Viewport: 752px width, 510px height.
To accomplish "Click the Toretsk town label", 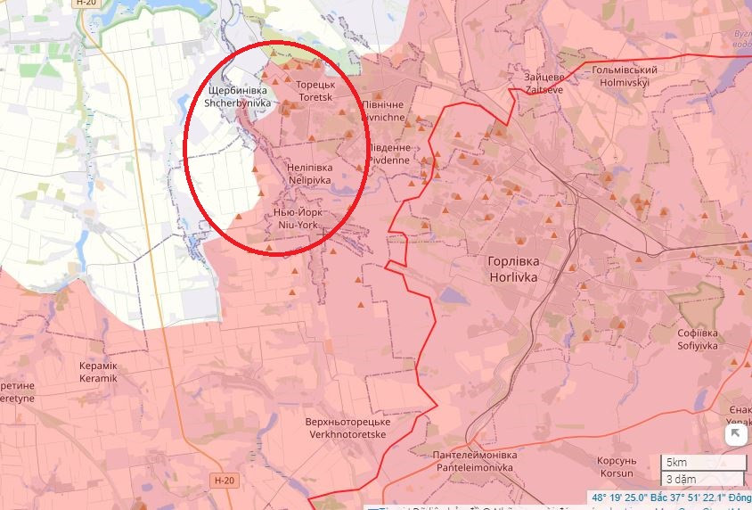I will click(315, 90).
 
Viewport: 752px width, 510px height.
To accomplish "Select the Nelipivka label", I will click(309, 173).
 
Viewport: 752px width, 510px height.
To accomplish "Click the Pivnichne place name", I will click(382, 111).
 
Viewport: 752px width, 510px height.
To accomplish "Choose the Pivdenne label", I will click(388, 153).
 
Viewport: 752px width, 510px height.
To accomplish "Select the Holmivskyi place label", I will click(624, 77).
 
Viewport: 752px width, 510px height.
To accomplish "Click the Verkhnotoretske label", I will click(347, 428).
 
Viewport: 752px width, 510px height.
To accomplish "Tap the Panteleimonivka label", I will click(473, 461).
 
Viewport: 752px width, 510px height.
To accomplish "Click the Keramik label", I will click(98, 372).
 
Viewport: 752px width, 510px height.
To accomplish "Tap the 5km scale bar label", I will click(675, 462).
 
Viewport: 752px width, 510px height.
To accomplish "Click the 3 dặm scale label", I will click(679, 479).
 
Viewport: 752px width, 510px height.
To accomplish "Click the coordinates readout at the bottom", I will click(669, 498).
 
